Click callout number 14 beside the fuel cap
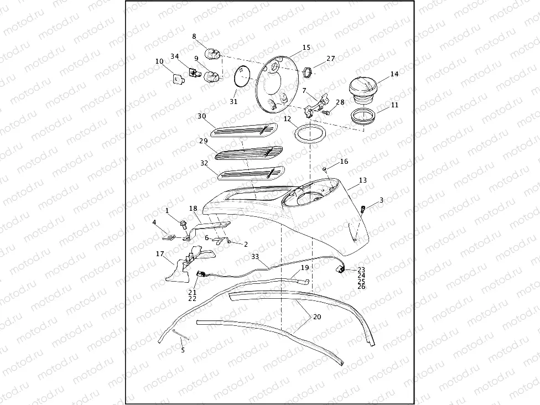pos(394,74)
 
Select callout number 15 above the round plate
pos(307,48)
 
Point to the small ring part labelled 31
pos(242,76)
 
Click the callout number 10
pos(159,62)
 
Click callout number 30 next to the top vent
pos(201,116)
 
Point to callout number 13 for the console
pos(362,180)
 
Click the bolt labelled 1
pos(181,223)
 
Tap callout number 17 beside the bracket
pos(160,255)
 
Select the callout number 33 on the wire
pos(255,257)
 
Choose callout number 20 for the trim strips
pos(317,317)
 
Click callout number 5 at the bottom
pos(183,350)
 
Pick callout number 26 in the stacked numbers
pos(361,287)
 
